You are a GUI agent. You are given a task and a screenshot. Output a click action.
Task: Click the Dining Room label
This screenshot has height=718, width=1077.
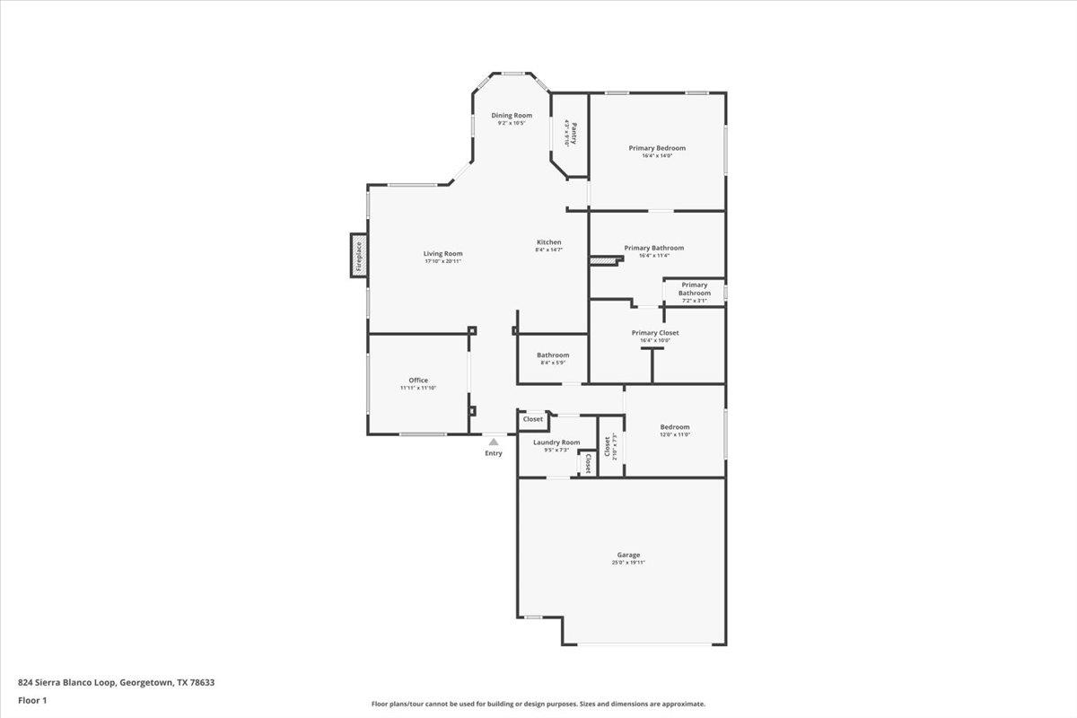point(511,115)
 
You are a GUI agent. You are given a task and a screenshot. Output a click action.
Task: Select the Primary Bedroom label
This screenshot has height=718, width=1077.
point(657,148)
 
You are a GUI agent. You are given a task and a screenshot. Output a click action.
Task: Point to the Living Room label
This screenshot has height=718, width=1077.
point(442,253)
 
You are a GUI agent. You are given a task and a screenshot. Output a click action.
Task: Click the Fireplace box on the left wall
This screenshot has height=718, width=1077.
point(358,256)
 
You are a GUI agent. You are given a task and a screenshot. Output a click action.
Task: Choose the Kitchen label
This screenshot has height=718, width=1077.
point(549,242)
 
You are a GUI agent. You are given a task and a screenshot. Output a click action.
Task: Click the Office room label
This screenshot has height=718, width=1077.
point(418,380)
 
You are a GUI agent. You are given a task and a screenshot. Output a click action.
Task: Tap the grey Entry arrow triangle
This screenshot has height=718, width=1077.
point(494,442)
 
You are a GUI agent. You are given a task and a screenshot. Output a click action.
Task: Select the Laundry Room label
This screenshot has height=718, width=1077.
point(556,442)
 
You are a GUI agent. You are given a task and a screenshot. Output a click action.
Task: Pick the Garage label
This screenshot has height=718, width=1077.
point(628,555)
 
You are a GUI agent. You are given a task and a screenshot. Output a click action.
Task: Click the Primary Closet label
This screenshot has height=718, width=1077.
point(654,333)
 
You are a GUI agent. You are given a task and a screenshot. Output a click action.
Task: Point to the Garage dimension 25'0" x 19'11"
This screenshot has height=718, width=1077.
point(628,563)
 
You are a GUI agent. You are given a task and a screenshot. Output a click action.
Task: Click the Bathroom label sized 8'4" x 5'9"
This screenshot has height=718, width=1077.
point(553,355)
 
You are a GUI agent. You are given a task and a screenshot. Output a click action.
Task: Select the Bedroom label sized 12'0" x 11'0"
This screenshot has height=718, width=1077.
point(675,427)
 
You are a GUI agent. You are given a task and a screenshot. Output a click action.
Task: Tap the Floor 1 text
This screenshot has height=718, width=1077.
point(32,700)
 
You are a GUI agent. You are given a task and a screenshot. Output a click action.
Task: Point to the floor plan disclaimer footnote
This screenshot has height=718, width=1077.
point(538,705)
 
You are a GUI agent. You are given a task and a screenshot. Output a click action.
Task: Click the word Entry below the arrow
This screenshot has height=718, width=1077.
point(494,453)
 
